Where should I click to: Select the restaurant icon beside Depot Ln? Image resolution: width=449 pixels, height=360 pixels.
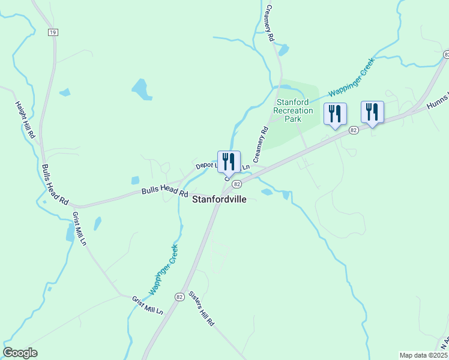coord(229,162)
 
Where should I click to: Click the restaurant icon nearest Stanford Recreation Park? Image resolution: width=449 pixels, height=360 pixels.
coord(335,114)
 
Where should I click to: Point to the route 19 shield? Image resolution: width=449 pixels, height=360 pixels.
coord(53,32)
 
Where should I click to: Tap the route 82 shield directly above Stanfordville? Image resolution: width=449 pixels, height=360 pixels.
coord(238,184)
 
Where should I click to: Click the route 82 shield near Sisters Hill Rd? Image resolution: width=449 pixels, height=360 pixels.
coord(179,297)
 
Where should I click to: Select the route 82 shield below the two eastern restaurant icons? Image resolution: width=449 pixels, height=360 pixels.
coord(354,130)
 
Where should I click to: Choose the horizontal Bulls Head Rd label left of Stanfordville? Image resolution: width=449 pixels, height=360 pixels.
coord(164,191)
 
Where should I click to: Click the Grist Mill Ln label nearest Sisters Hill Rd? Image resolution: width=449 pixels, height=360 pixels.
coord(148,305)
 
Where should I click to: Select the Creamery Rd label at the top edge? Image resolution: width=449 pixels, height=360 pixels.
coord(270,23)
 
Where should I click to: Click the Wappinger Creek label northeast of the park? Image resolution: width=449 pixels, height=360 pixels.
coord(351,77)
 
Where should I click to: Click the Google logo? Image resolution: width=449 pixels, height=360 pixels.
coord(20,353)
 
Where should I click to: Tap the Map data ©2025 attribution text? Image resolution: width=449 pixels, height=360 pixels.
coord(424,355)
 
